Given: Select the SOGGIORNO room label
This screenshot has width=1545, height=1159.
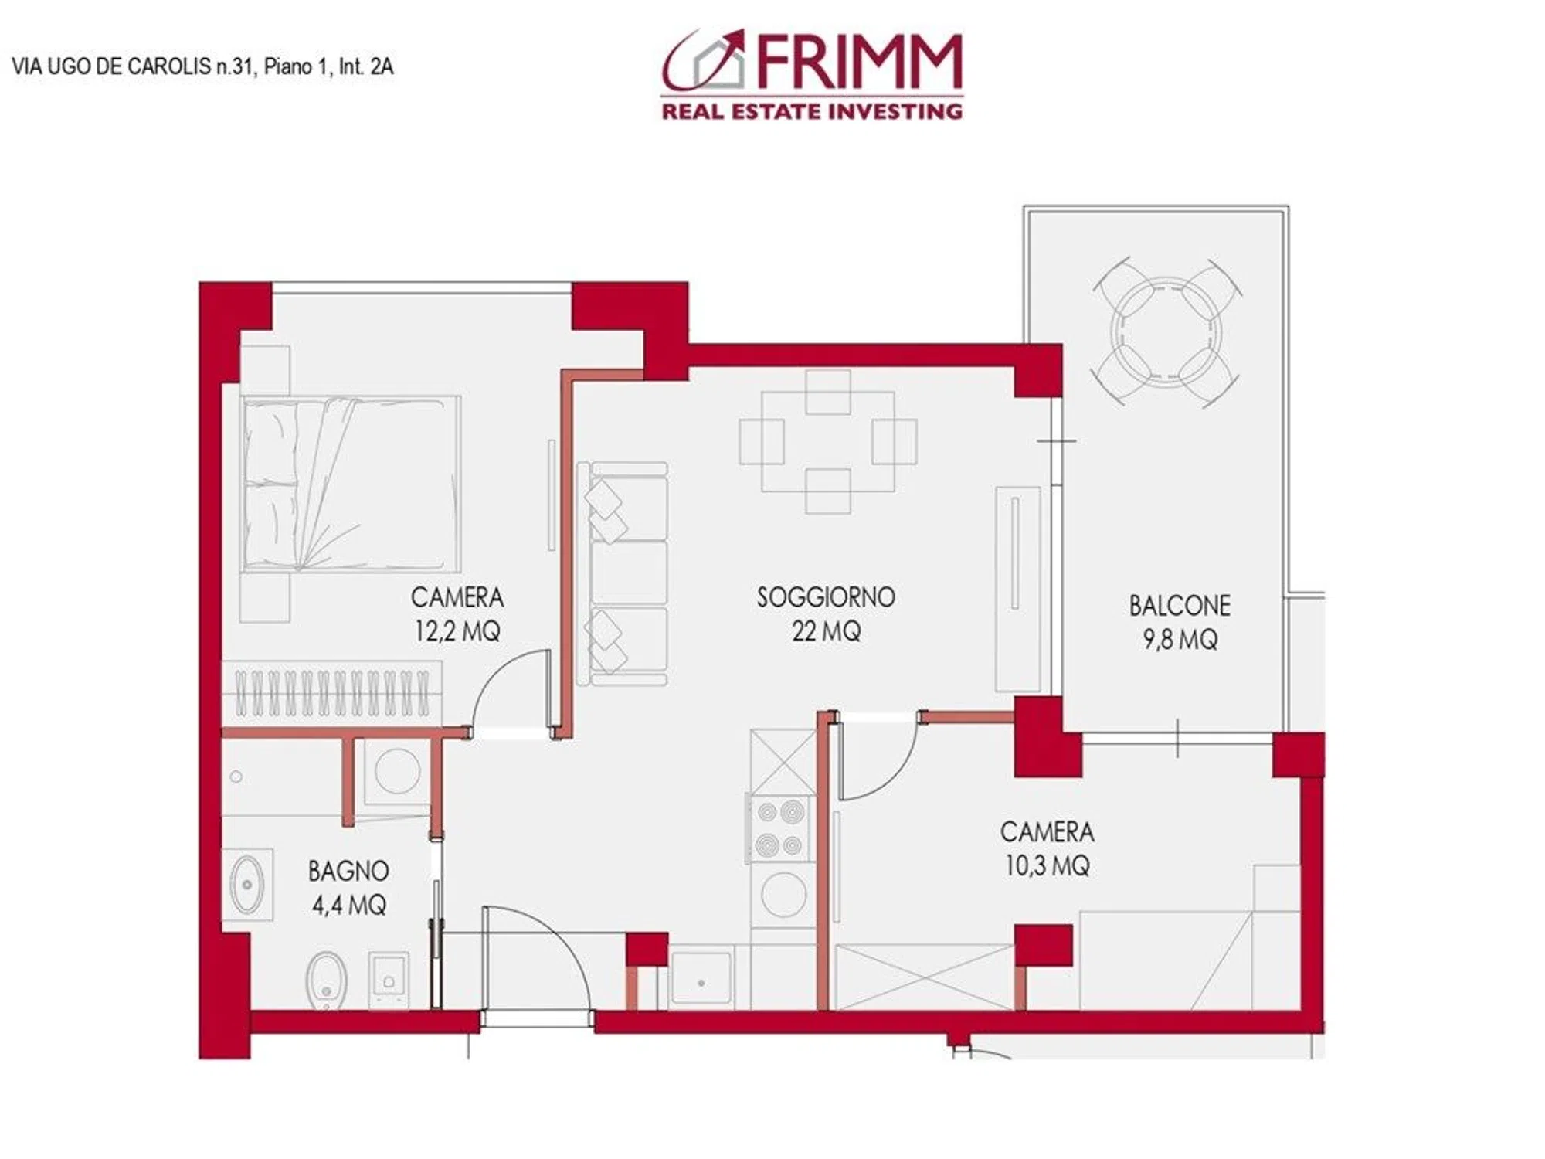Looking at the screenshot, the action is pos(826,596).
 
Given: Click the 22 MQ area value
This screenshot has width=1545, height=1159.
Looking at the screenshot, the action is pos(826,631).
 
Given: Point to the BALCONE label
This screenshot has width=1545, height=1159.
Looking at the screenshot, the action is pos(1180,605).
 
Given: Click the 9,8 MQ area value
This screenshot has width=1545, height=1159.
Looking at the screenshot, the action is pos(1180,640).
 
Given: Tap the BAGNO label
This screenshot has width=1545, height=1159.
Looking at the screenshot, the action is pos(348,871).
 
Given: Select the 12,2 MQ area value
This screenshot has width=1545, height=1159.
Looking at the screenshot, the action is pos(457,631).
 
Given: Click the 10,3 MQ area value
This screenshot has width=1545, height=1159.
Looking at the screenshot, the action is pos(1048,865).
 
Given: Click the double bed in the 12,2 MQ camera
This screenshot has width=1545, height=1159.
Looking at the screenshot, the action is pos(351,484).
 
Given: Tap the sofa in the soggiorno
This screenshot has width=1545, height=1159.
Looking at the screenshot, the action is pos(623,573).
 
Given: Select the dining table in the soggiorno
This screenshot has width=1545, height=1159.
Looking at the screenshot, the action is pos(828,442).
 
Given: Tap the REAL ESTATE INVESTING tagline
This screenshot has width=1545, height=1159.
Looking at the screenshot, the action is pos(812,111).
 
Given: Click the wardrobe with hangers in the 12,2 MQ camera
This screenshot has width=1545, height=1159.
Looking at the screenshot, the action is pos(332,693).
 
